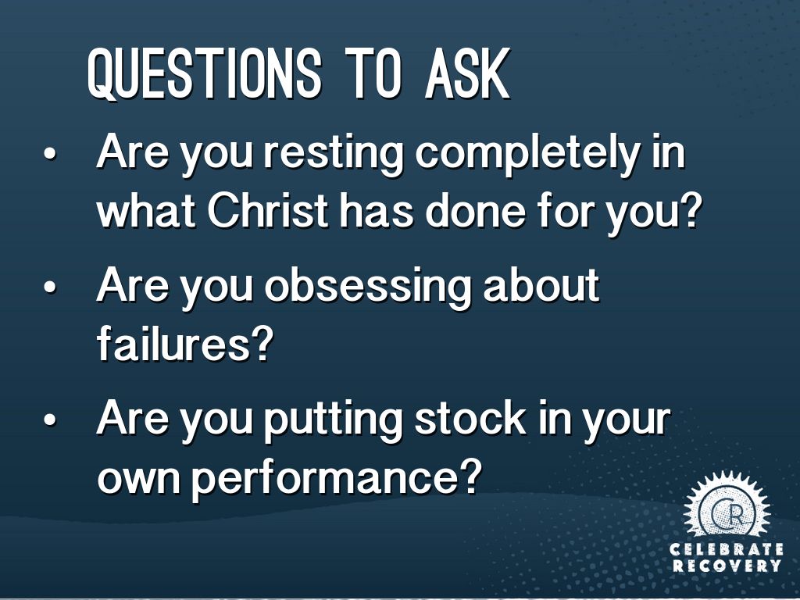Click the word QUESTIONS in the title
(x=204, y=73)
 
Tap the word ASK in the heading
(x=467, y=73)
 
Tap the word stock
(x=470, y=420)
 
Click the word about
(x=541, y=286)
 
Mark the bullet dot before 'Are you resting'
(x=49, y=153)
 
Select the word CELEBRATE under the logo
(x=727, y=549)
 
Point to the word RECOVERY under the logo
(x=727, y=566)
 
